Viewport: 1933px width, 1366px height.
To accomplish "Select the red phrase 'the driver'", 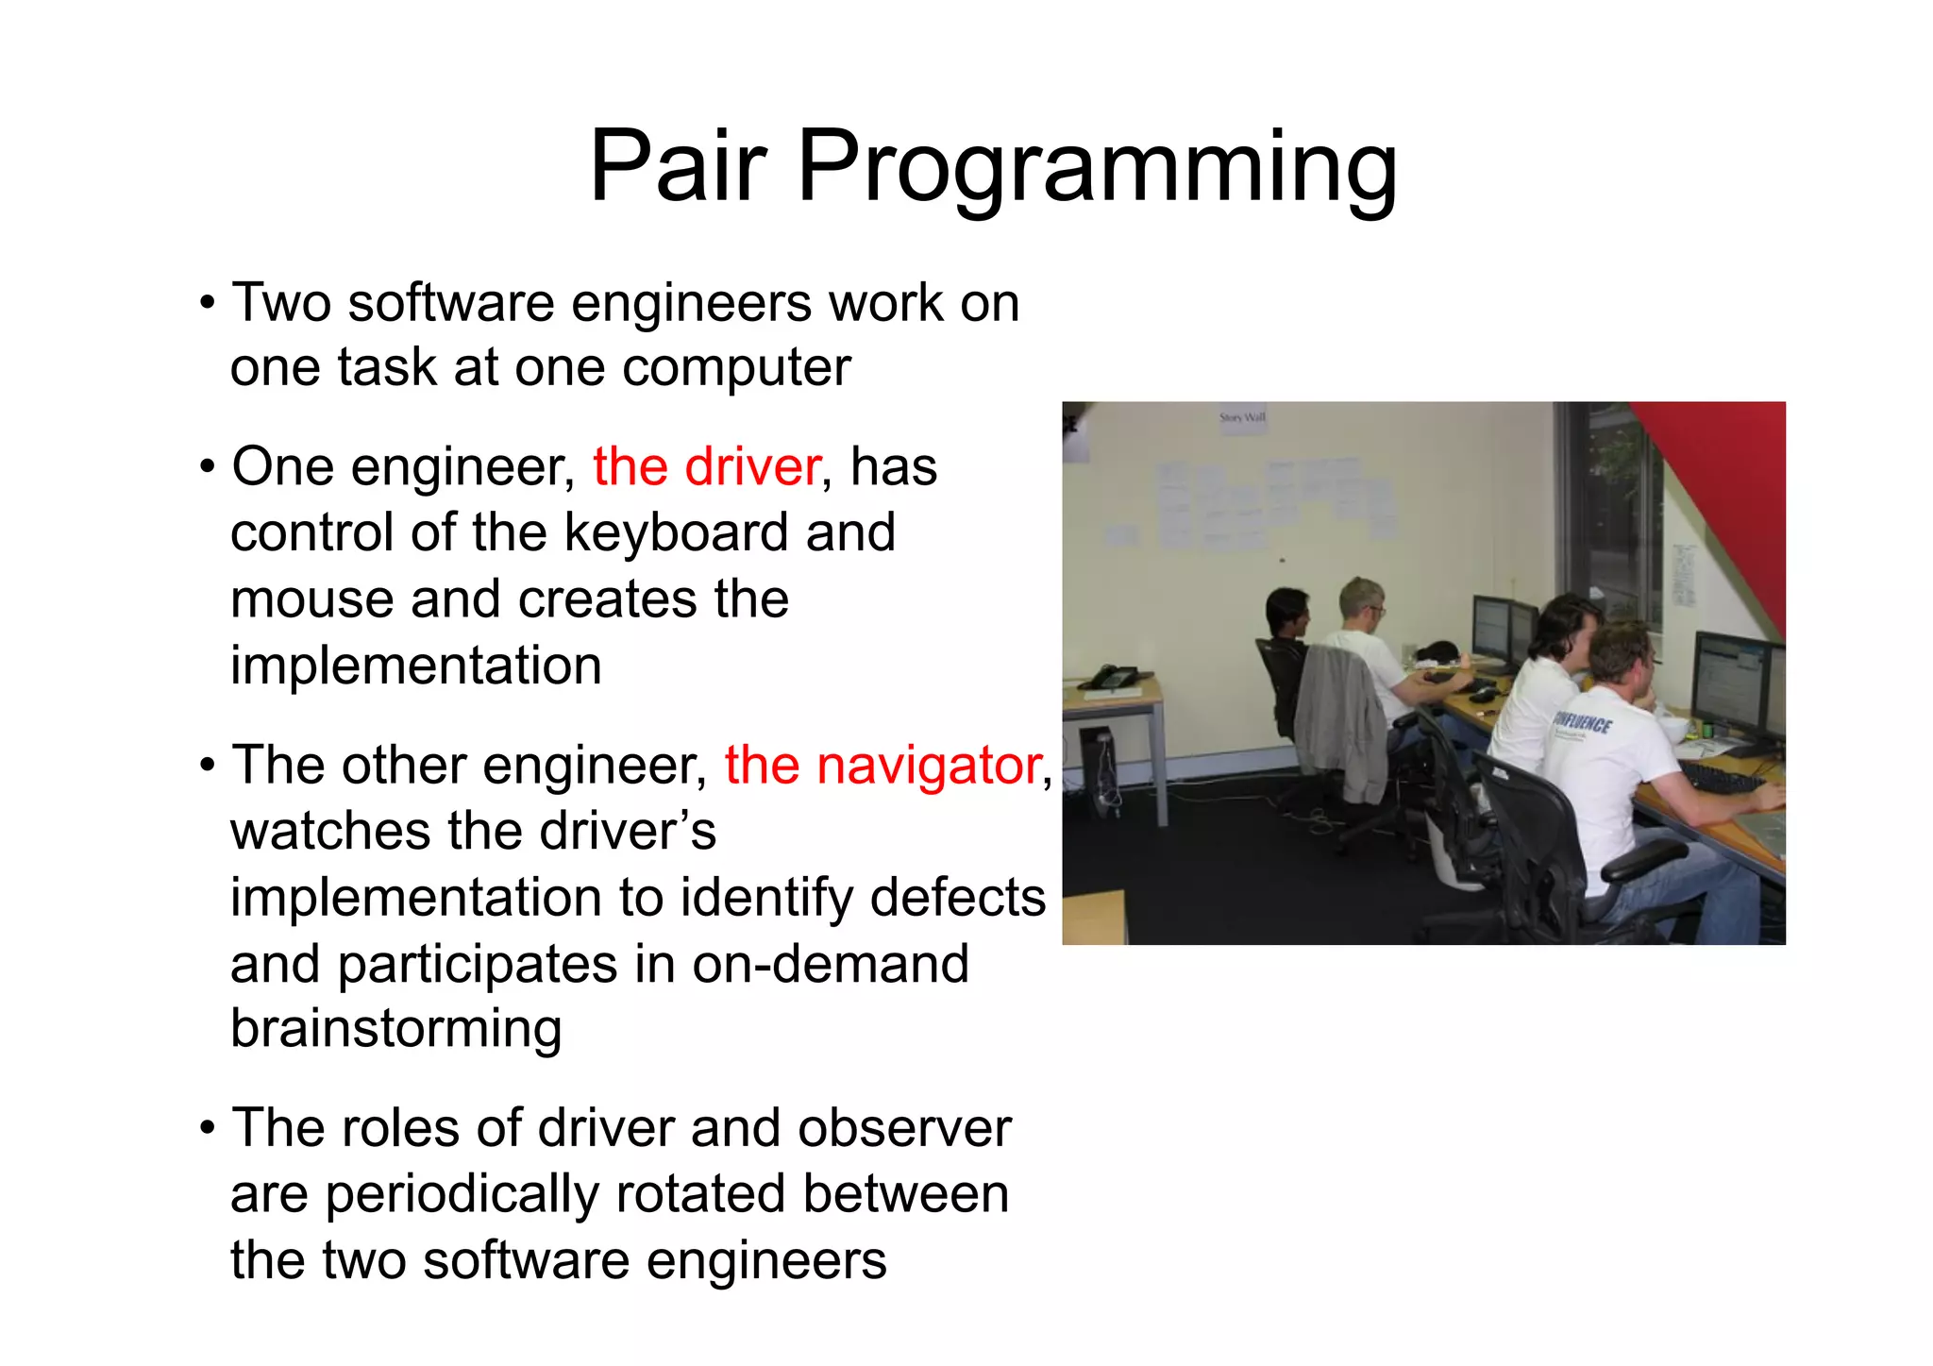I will [x=706, y=466].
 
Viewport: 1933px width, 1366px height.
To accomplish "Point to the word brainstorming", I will [x=395, y=1029].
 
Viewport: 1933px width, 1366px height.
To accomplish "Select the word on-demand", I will [x=830, y=964].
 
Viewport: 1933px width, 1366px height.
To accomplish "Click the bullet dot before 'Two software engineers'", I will [x=207, y=304].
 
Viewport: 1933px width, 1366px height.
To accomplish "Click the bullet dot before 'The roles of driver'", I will [x=207, y=1129].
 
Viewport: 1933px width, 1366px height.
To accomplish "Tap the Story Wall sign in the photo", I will [x=1241, y=417].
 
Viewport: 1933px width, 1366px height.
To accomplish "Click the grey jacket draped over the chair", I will [x=1340, y=717].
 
